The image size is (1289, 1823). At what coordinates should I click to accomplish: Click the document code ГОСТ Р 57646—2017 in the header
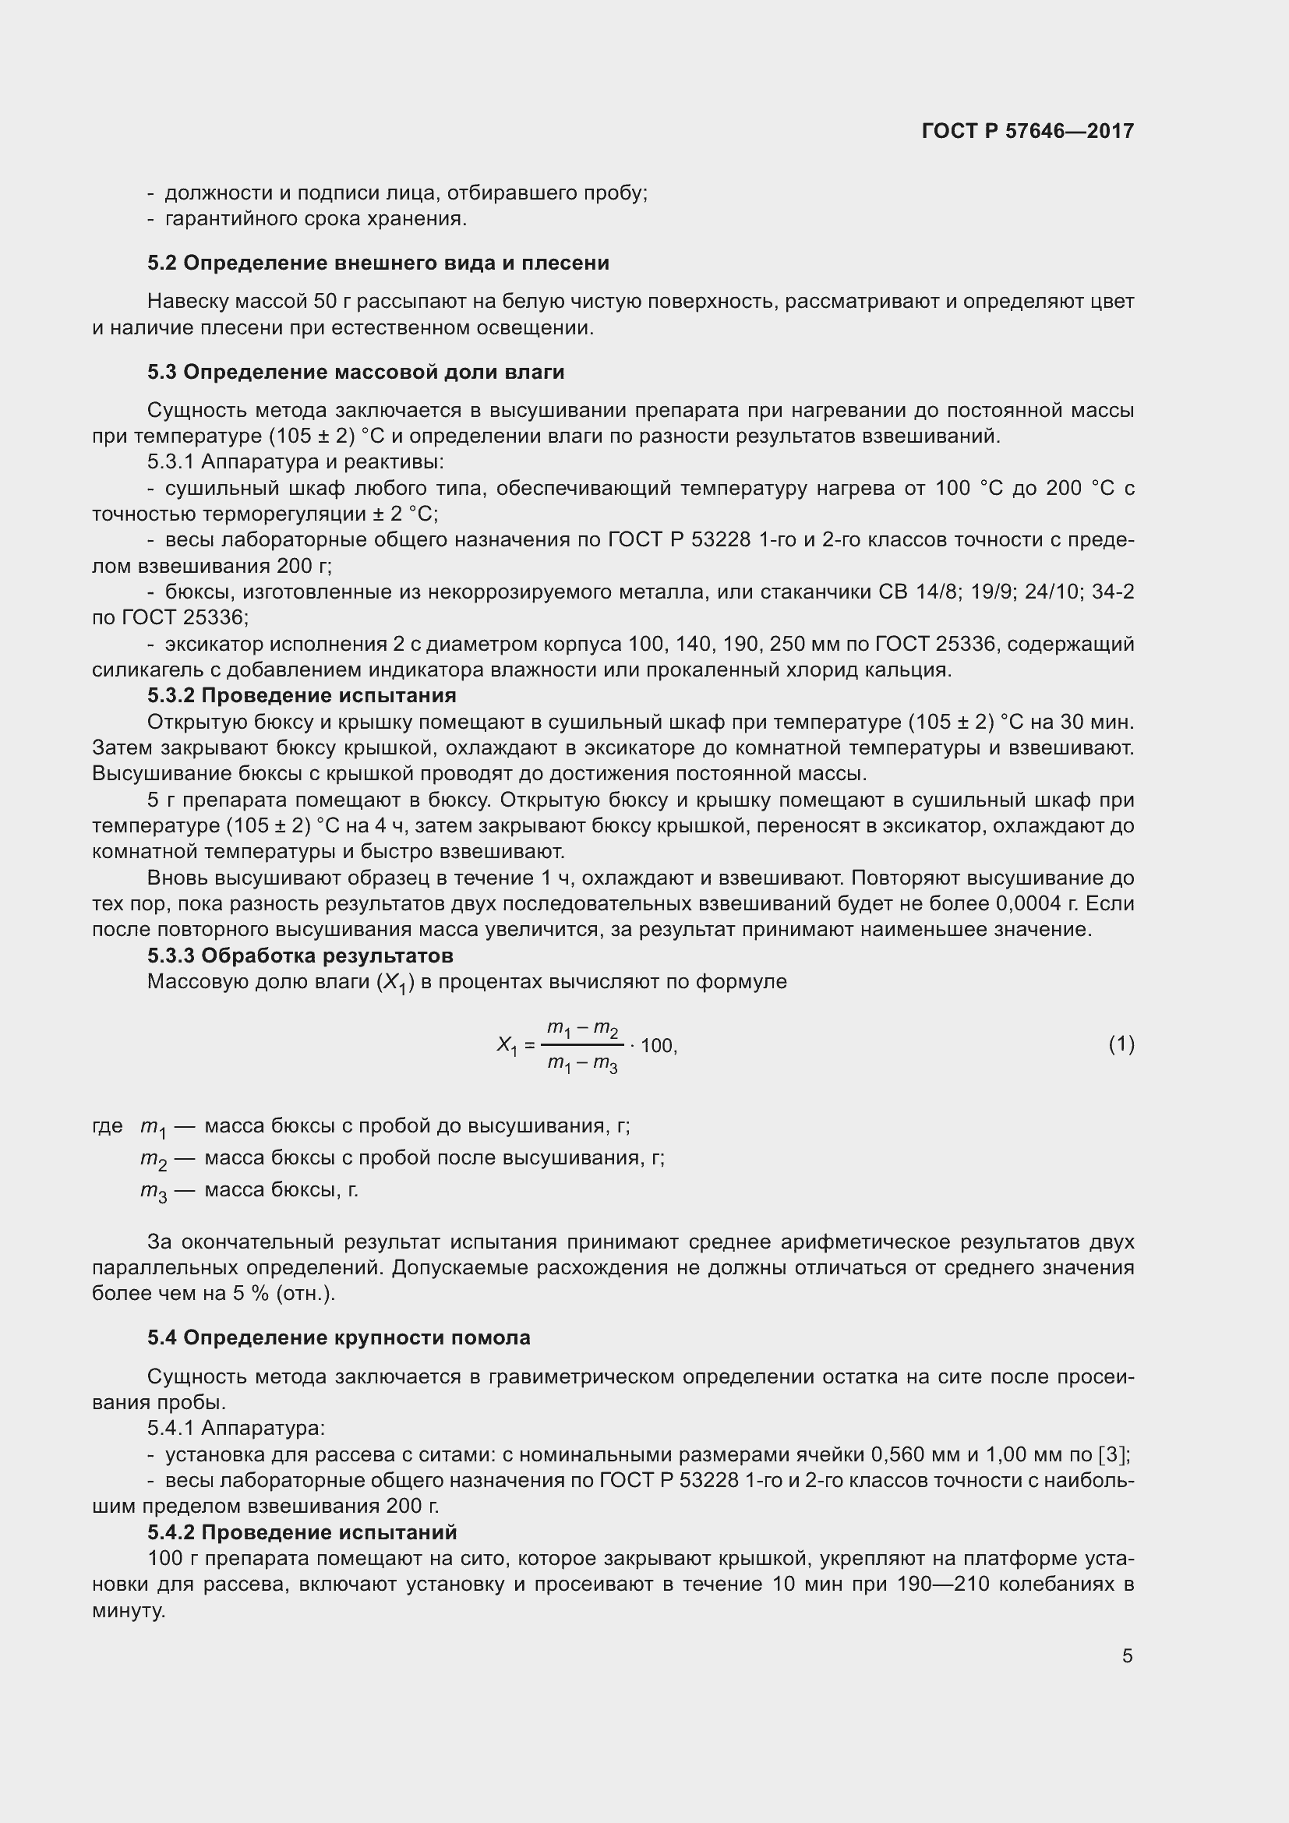1028,131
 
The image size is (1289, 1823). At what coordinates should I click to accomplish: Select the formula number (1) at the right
1121,1044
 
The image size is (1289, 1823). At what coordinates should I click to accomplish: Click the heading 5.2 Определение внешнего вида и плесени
378,263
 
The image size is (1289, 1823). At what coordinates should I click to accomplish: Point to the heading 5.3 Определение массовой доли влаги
355,372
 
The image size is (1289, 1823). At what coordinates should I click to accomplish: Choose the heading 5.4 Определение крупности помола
338,1338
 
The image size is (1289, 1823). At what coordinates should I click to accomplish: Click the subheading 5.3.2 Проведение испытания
302,695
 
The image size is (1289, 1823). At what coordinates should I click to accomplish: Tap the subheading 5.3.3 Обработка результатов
300,956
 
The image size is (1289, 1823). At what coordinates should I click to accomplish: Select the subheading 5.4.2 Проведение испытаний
302,1532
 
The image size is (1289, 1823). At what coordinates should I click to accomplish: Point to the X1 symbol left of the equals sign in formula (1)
507,1046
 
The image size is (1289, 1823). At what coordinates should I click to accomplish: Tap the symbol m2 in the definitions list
154,1159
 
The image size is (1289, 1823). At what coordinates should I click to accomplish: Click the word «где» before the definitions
107,1126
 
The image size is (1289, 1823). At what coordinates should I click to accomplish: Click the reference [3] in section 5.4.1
1114,1454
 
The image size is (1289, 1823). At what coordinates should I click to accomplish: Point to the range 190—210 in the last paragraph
942,1584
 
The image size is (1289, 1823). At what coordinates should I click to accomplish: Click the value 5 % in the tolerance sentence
246,1294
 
